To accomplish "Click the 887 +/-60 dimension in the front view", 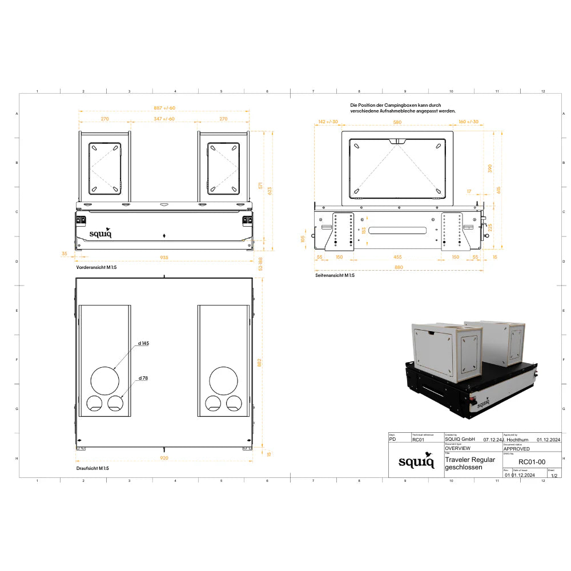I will pos(164,108).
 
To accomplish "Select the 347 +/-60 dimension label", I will pos(164,119).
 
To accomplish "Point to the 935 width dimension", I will pos(164,258).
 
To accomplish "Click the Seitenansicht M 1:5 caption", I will pos(335,275).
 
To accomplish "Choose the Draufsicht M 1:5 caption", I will pos(93,468).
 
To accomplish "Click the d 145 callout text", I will pos(143,344).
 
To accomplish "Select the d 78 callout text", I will pos(142,379).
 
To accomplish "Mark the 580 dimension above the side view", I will pos(397,122).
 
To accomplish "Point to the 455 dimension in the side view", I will pos(397,257).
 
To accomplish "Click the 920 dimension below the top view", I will pos(164,457).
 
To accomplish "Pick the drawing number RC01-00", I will pos(532,462).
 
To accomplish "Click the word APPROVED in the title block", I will pos(516,449).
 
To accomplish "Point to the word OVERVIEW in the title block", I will pos(457,449).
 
